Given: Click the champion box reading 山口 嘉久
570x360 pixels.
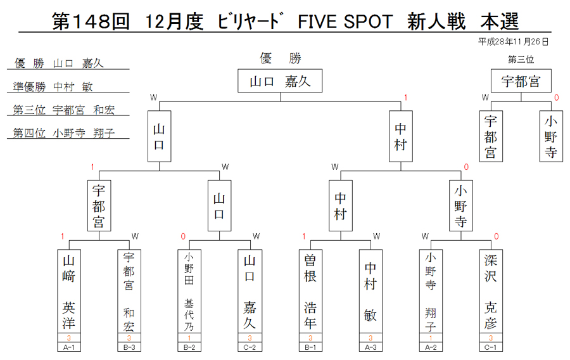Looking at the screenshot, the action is click(x=280, y=80).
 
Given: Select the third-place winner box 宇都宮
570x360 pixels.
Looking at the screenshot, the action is click(x=521, y=80).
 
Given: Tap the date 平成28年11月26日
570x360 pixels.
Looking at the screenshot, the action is click(x=513, y=42).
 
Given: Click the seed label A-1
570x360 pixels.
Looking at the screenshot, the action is click(x=69, y=347).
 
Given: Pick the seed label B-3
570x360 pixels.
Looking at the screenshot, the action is click(x=129, y=347).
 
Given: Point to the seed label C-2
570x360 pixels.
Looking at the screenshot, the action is click(x=250, y=347).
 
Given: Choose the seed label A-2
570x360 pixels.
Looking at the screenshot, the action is click(x=431, y=347).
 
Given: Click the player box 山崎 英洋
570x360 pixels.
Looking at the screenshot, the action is click(x=69, y=292).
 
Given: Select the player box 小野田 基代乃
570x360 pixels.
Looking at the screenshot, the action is click(x=189, y=292).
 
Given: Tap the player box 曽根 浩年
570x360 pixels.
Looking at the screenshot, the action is click(x=310, y=292).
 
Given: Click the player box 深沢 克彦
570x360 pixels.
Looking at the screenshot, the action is click(x=491, y=292).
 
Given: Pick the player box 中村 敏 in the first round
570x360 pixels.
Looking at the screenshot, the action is click(x=370, y=292).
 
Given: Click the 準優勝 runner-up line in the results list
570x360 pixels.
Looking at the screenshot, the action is click(x=53, y=87).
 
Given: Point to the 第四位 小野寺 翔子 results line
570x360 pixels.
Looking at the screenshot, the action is click(x=64, y=132).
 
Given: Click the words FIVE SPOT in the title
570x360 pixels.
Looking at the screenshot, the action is click(x=345, y=22).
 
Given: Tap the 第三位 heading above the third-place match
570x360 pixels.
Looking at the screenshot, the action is click(x=521, y=60).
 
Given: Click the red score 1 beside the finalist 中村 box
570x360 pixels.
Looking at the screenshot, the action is click(x=406, y=98).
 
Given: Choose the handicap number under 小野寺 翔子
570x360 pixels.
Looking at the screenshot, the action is click(x=431, y=338).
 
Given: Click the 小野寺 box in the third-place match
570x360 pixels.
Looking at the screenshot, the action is click(x=551, y=136).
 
